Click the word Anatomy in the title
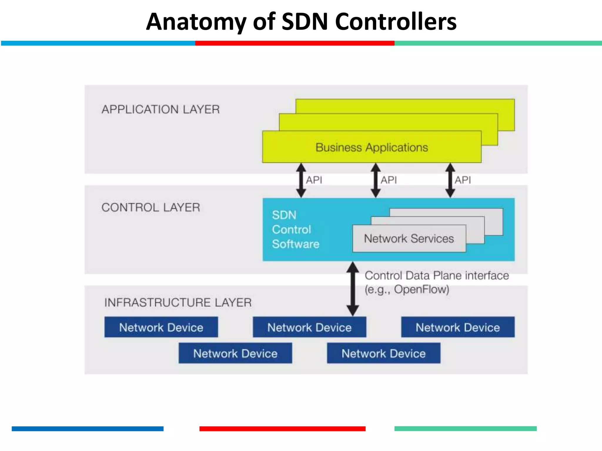coord(196,22)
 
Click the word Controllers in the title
coord(396,22)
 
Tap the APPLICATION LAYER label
coord(160,110)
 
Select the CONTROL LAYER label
coord(151,208)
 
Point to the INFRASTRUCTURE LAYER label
coord(178,302)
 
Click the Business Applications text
coord(372,147)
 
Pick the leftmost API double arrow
coord(301,180)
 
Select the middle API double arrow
coord(376,180)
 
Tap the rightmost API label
coord(463,180)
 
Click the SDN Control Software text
coord(295,230)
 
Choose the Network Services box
coord(409,239)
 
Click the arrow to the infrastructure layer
coord(352,289)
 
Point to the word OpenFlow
coord(421,290)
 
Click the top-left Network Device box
coord(161,327)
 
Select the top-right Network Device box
coord(458,327)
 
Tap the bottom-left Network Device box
coord(235,353)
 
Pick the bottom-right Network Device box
coord(384,353)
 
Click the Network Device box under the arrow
coord(309,327)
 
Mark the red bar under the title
coord(295,43)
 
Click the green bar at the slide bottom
coord(465,429)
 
